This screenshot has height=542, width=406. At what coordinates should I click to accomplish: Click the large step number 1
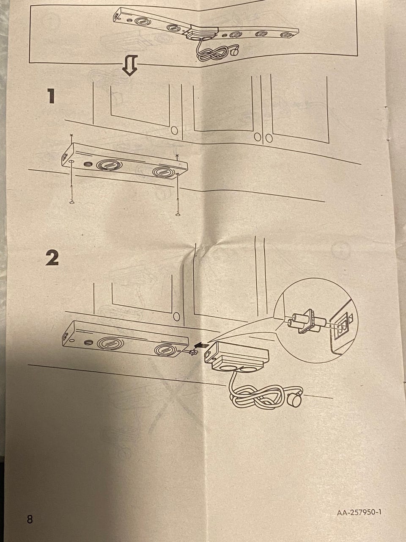click(x=51, y=96)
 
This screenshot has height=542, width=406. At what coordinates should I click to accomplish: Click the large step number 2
click(x=52, y=258)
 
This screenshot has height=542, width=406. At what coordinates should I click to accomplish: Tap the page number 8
click(x=30, y=519)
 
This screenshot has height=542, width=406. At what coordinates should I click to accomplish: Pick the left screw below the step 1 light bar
click(x=71, y=194)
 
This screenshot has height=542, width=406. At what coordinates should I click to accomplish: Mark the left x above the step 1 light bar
click(x=71, y=135)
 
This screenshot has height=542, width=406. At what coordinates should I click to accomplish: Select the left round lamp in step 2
click(x=110, y=343)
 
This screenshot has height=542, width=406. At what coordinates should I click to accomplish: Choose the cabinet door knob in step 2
click(x=176, y=316)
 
